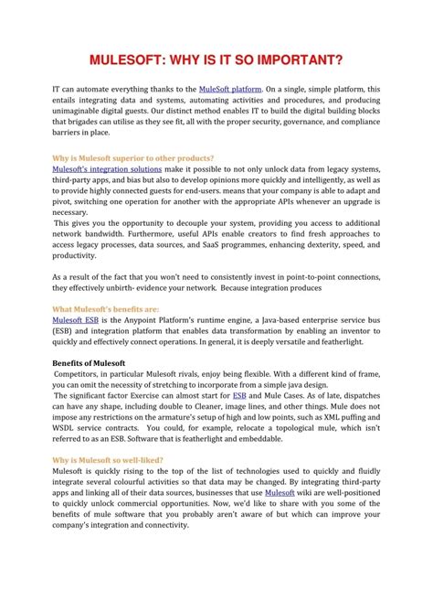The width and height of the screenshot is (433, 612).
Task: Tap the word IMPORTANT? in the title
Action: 301,61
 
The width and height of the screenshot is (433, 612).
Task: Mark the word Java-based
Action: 267,320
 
